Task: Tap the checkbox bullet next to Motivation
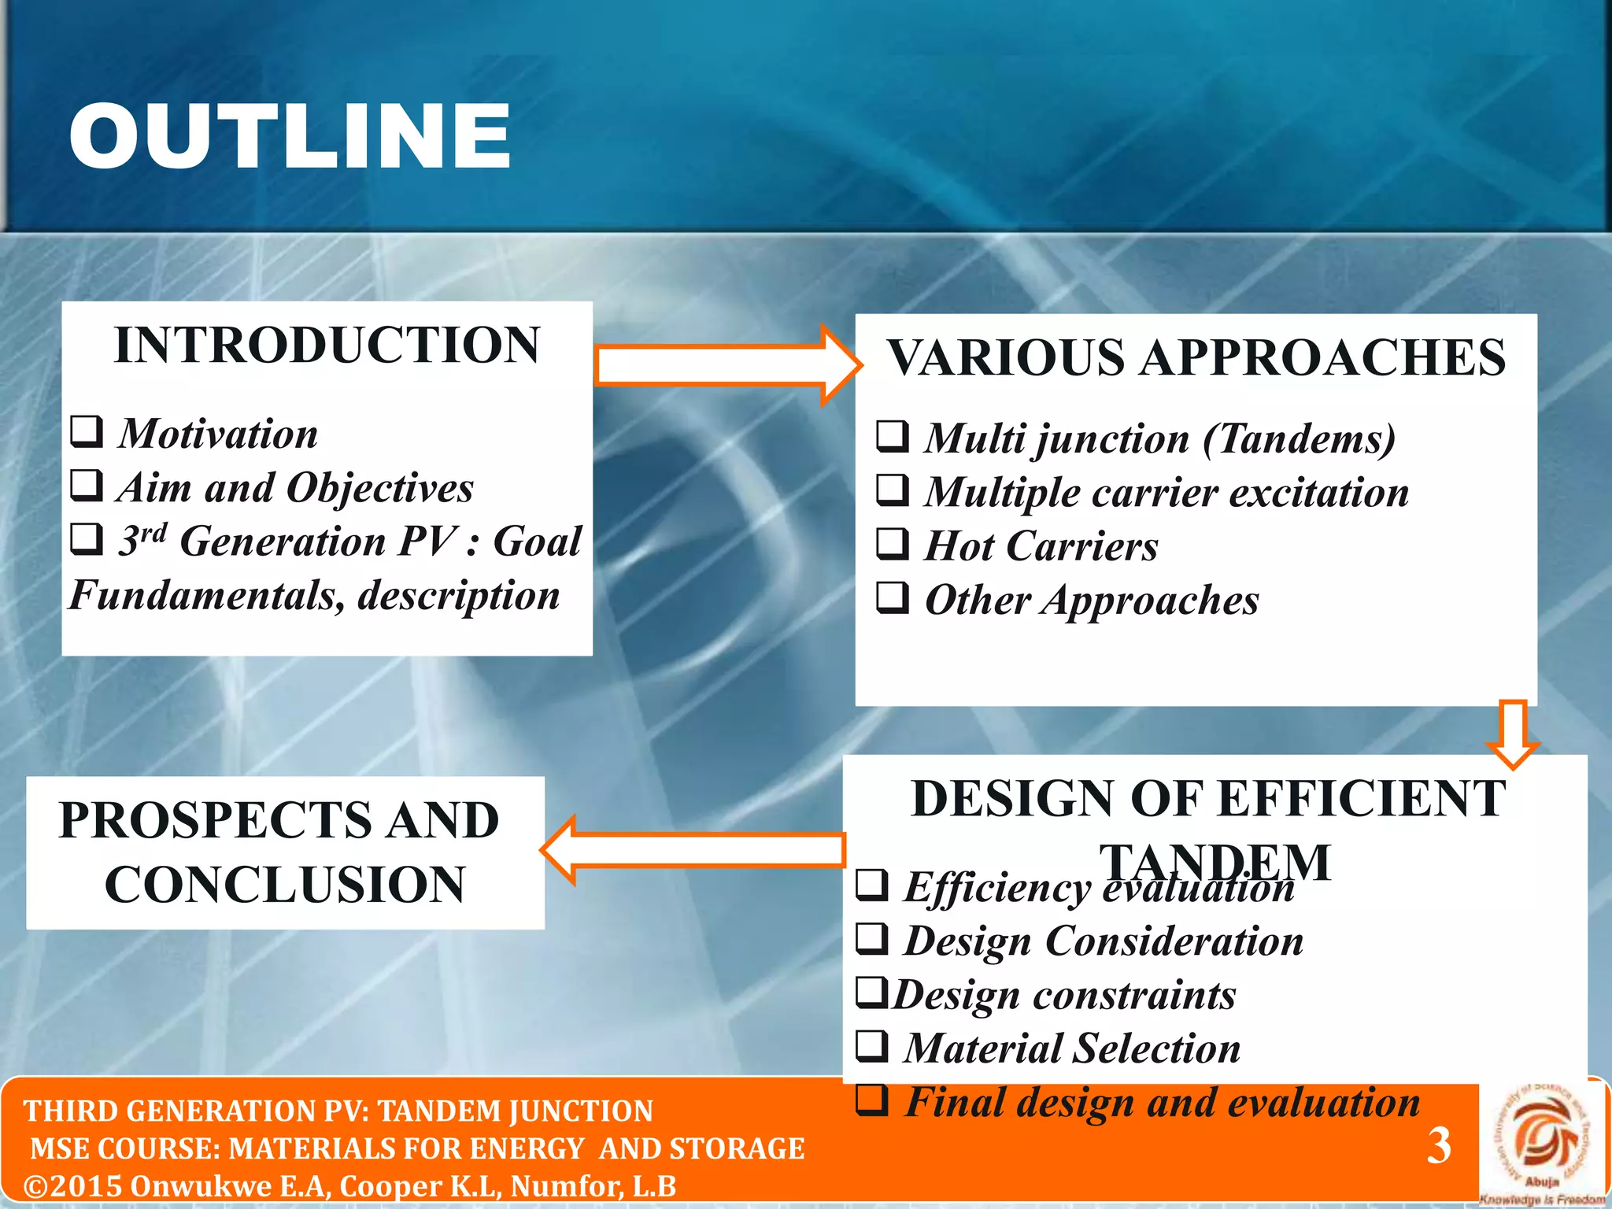coord(87,431)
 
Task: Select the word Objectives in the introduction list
coord(379,488)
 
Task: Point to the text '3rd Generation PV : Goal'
coord(349,542)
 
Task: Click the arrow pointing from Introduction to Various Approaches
coord(724,365)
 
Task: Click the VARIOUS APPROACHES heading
coord(1196,357)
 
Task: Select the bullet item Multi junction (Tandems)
coord(1159,438)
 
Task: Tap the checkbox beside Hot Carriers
coord(893,543)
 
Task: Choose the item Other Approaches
coord(1091,600)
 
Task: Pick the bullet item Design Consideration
coord(1103,941)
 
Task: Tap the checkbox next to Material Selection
coord(872,1046)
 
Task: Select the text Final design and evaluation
coord(1162,1102)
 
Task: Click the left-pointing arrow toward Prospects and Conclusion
coord(693,850)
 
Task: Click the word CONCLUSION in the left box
coord(285,884)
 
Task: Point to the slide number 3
coord(1439,1146)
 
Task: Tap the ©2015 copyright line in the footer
coord(349,1186)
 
